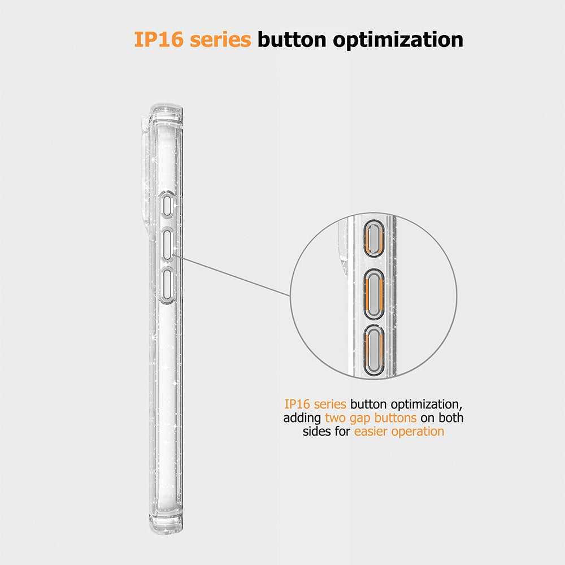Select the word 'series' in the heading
click(x=220, y=40)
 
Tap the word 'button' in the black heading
click(x=292, y=40)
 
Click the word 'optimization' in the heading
click(x=398, y=40)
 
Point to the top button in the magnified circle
click(x=374, y=238)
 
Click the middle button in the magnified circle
click(x=374, y=294)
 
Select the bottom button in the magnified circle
click(x=373, y=350)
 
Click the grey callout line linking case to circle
click(x=232, y=275)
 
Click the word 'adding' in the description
click(x=302, y=418)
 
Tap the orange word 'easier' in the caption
click(x=371, y=431)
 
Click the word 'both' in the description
click(x=451, y=418)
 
